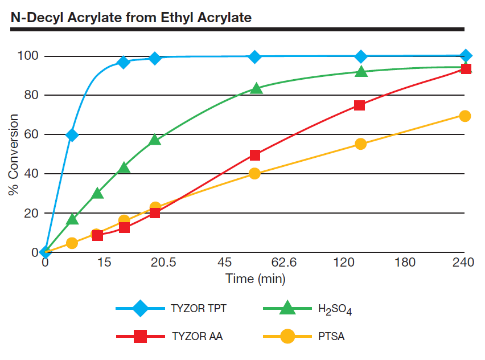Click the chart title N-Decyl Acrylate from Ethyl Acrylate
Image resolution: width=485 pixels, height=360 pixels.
pos(131,17)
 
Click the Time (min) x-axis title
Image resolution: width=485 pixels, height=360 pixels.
pos(255,279)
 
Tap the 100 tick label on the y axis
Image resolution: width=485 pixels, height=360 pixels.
pos(28,56)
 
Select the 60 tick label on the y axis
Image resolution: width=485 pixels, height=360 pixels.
pos(31,134)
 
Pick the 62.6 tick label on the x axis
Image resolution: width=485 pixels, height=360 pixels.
pos(285,263)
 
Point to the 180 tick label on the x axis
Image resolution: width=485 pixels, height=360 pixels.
pos(405,263)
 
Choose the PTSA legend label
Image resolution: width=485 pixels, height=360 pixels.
pos(331,336)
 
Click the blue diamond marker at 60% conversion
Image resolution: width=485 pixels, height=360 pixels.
pos(72,135)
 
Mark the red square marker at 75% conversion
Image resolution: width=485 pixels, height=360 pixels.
pos(359,105)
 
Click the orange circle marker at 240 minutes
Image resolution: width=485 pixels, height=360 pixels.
pos(465,116)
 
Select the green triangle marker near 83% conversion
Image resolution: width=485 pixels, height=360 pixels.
pos(257,88)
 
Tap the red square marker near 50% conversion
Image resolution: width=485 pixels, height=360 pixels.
pos(255,155)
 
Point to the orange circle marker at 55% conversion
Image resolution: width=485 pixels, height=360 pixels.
pos(360,144)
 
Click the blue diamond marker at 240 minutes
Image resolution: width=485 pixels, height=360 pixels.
pos(466,56)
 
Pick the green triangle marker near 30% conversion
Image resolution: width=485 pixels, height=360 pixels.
pos(98,194)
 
